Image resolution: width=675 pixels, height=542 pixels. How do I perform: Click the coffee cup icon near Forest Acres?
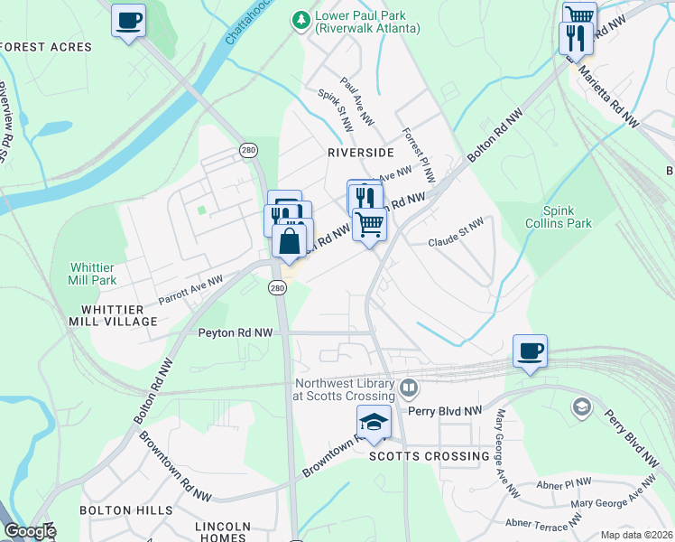[129, 19]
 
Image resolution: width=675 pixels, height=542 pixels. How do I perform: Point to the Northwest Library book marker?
[409, 388]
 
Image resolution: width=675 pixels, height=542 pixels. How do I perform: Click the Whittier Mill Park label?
[94, 274]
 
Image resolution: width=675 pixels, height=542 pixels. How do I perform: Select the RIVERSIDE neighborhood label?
[361, 153]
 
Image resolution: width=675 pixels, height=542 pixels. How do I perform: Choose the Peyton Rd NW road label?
[235, 333]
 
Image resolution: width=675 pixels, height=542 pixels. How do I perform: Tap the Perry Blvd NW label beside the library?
[446, 410]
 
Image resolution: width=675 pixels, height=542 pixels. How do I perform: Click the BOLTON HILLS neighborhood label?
[125, 510]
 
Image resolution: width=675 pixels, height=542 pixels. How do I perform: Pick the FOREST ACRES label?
[47, 47]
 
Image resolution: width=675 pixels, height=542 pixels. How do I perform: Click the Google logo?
[30, 531]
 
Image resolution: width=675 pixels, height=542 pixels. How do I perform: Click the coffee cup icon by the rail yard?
[530, 350]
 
